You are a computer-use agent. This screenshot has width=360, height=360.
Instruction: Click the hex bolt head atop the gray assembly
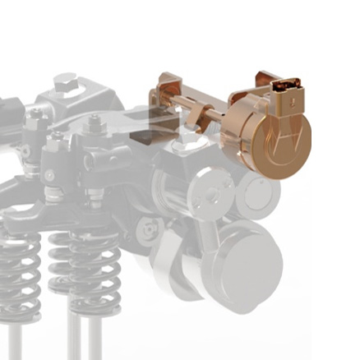(66, 83)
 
